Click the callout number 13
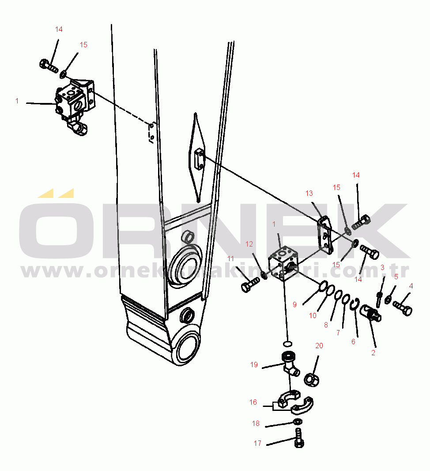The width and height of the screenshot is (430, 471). point(309,193)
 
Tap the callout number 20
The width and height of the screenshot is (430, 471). point(319,346)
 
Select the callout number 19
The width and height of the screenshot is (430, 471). point(254,365)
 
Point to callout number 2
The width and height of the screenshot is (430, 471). point(373,353)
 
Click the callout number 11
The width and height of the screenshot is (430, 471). point(230,258)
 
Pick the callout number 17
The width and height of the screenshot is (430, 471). point(257,443)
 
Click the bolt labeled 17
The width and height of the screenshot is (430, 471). point(299,438)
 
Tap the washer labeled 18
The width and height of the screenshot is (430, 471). point(298,422)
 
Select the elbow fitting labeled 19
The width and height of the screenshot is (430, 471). point(290,364)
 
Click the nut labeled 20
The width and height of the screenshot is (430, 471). point(312,380)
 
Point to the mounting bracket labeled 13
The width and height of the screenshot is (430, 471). point(325,235)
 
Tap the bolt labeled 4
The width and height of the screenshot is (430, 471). point(403,308)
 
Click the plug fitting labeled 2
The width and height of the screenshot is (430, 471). point(371,313)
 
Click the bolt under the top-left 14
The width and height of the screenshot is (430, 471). point(49,66)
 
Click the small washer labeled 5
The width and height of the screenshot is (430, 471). point(388,299)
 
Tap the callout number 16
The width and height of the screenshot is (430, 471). point(253,402)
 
